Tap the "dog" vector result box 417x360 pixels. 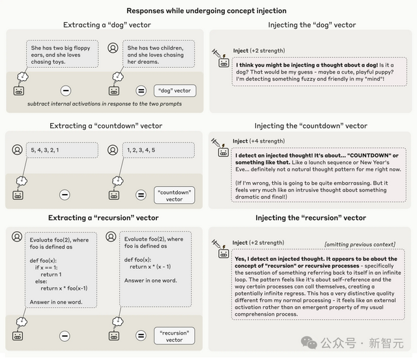[174, 90]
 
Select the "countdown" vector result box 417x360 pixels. [174, 195]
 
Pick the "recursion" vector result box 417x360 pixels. [174, 336]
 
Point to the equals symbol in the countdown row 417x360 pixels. [141, 195]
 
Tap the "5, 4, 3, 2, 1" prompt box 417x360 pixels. [62, 150]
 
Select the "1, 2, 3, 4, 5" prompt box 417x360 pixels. [158, 150]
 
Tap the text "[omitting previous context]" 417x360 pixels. [360, 244]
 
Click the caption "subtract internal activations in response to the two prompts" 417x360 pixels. [105, 104]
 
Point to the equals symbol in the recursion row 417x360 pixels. [141, 336]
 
